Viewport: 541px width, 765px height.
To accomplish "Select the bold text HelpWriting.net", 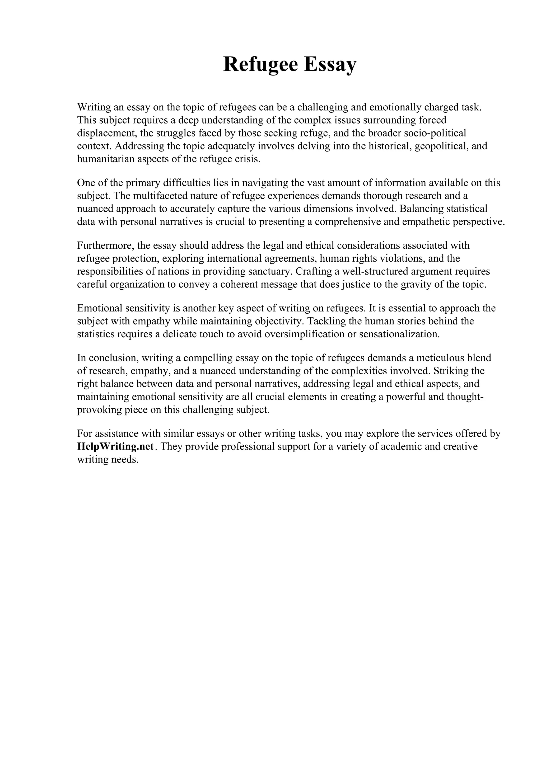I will click(115, 446).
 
